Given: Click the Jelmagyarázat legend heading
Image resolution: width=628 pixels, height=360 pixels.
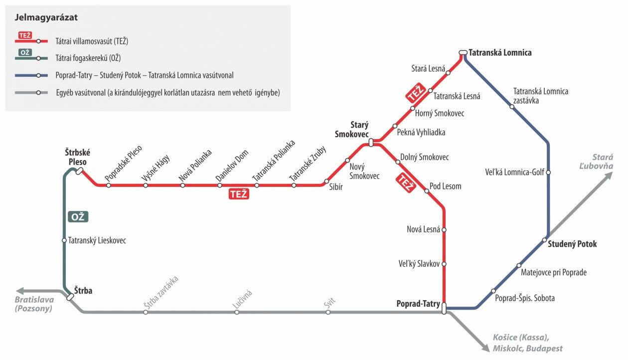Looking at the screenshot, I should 46,18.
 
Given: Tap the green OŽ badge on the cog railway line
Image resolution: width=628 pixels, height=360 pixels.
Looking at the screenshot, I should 78,217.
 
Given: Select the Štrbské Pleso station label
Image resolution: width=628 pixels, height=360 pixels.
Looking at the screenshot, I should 77,157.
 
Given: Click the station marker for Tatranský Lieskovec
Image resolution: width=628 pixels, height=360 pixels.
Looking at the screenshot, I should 64,240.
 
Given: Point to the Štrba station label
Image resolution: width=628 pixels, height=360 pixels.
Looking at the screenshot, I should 84,290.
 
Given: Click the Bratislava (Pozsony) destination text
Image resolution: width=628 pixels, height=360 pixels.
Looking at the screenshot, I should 34,304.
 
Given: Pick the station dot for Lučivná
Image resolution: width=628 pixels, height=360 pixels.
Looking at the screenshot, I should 237,312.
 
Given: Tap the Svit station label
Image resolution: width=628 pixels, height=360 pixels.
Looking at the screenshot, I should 329,301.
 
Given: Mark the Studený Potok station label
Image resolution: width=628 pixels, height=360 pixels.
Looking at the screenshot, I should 572,244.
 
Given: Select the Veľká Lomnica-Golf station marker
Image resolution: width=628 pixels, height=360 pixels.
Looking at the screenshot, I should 548,173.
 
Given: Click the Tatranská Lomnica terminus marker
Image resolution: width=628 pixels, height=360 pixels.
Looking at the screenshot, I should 463,52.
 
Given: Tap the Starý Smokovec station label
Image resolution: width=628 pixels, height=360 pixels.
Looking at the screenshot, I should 352,130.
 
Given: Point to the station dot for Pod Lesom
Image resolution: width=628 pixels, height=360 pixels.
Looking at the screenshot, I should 426,190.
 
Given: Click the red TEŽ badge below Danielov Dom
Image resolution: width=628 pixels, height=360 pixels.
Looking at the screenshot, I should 238,194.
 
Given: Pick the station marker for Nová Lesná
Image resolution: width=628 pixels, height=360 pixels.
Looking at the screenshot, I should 444,230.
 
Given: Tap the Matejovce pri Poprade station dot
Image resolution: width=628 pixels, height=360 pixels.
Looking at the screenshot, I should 519,265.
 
